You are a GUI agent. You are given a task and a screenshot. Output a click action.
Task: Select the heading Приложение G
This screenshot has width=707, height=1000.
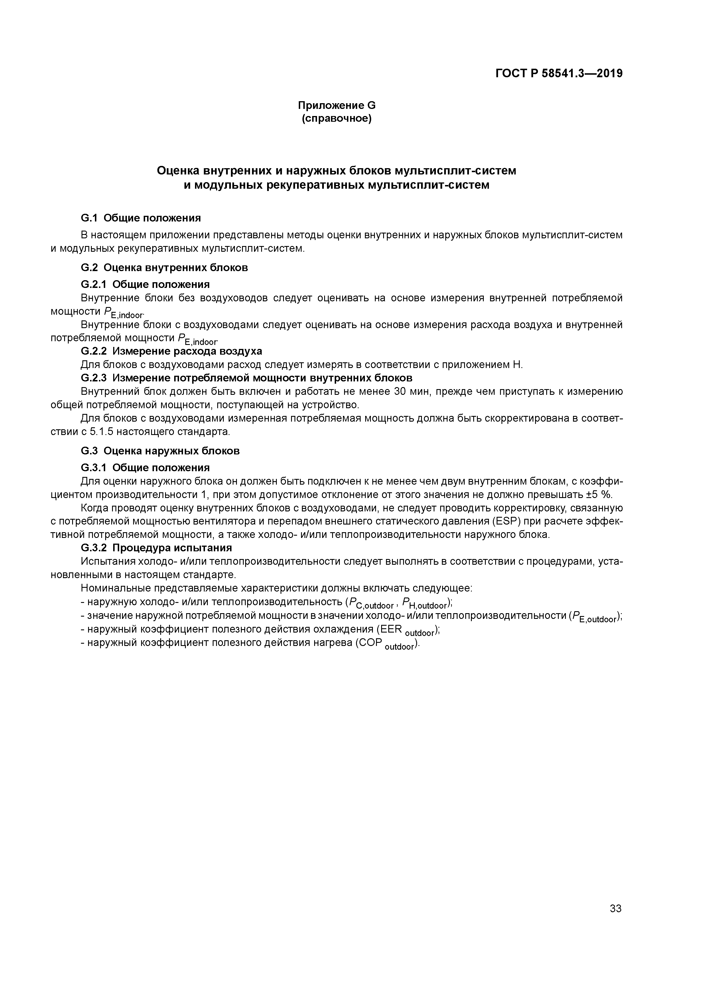click(336, 105)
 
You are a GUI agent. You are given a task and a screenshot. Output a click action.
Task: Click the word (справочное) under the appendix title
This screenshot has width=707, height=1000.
click(336, 119)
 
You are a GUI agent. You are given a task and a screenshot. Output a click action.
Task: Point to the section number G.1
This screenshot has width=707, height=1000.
click(90, 218)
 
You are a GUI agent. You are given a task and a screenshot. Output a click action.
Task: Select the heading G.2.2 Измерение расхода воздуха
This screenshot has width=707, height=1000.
click(171, 351)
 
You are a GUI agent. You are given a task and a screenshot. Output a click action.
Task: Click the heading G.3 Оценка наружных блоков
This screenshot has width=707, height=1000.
click(160, 451)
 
